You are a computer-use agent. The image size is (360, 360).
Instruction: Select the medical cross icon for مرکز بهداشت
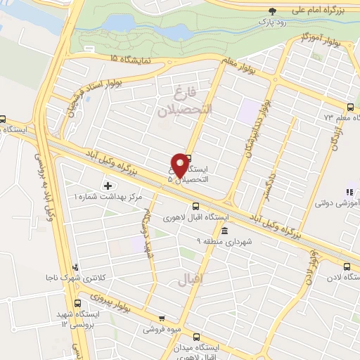point(107,186)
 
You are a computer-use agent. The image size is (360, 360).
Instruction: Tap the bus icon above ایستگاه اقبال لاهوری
point(195,207)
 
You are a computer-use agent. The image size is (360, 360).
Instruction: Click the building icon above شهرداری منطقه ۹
point(224,231)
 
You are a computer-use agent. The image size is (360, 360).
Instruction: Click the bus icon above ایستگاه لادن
point(347,266)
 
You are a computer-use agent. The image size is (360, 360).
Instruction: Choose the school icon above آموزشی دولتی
point(347,192)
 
